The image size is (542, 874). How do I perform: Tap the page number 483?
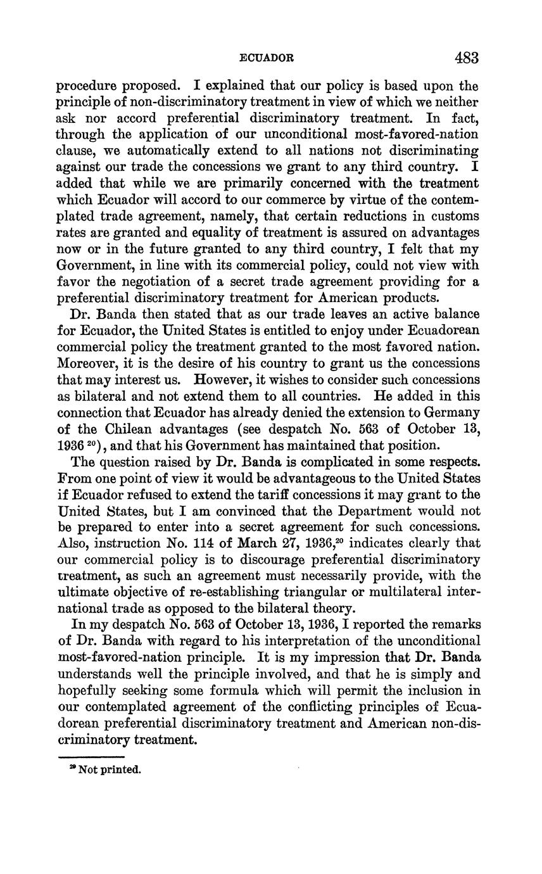[x=466, y=58]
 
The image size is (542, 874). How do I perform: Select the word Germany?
[x=451, y=413]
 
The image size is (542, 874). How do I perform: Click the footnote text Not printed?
[x=109, y=769]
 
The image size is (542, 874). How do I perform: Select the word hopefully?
[x=86, y=690]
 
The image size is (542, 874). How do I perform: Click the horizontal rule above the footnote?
[x=91, y=756]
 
